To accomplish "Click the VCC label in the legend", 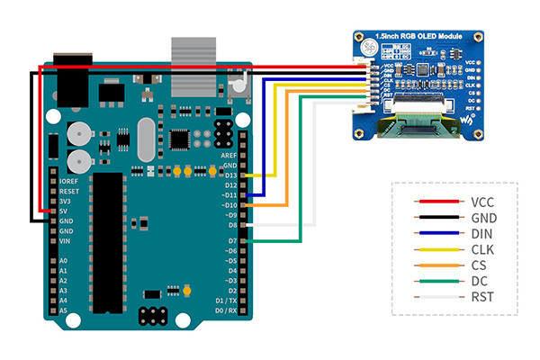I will pos(482,202).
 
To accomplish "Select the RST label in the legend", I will pos(482,296).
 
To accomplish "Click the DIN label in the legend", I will pos(482,233).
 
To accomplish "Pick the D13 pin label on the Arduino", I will pos(230,175).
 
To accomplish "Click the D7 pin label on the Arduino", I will pos(232,241).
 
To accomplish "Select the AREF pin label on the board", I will pos(229,155).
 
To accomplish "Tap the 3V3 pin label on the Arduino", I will pos(66,201).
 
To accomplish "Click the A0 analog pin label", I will pos(63,261).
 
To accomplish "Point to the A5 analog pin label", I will pos(63,310).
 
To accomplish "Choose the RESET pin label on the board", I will pos(69,191).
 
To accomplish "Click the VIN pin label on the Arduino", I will pos(65,241).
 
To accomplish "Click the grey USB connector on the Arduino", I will pos(194,67).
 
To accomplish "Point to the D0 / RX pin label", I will pos(225,310).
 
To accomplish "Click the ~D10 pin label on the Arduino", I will pos(229,205).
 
